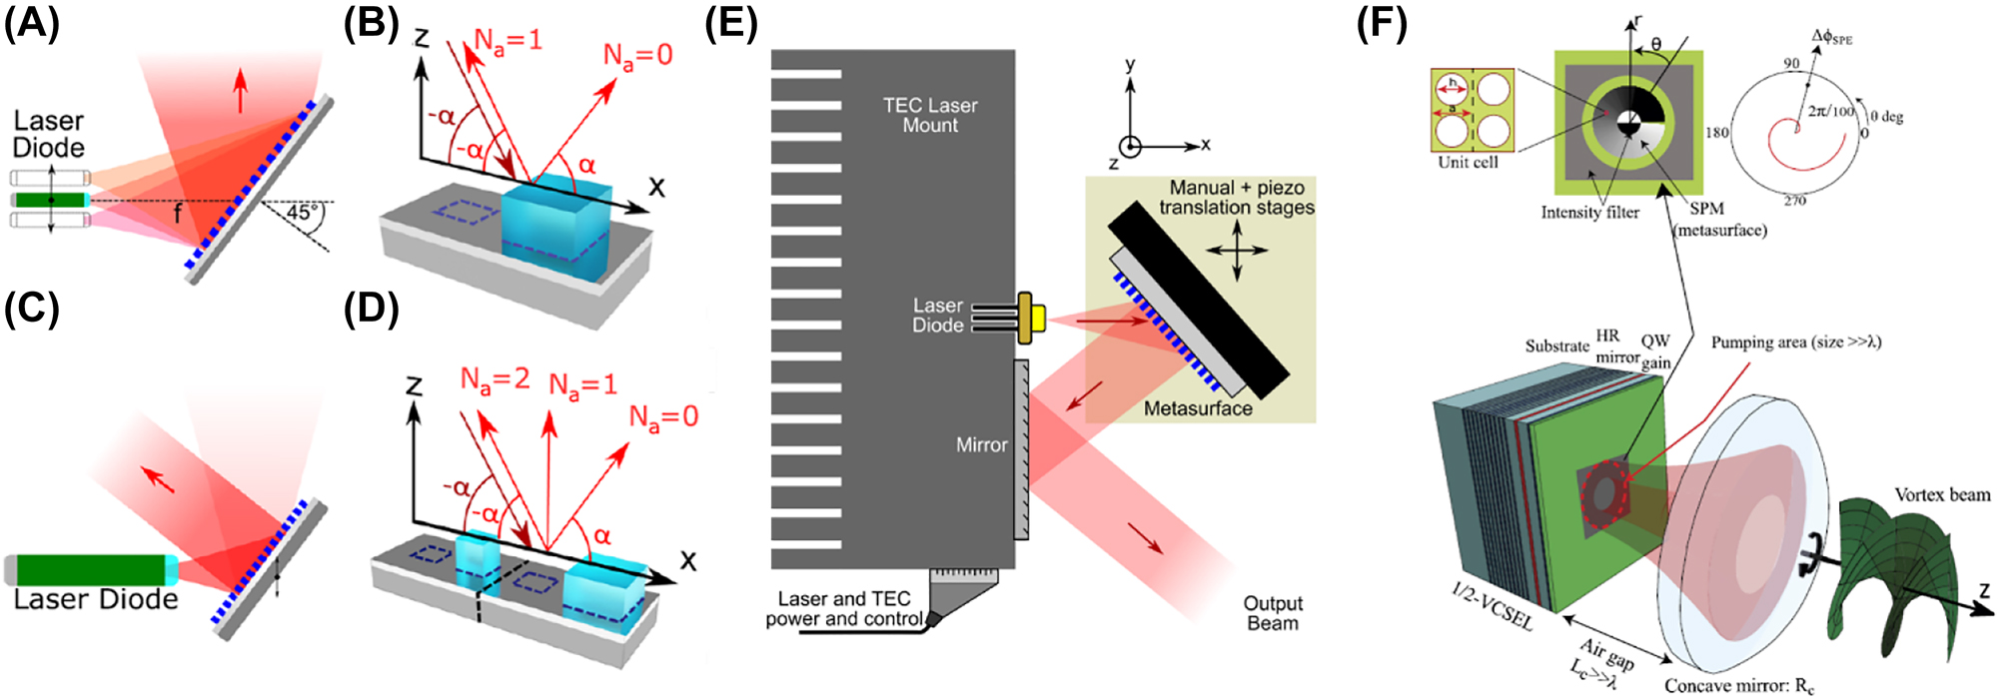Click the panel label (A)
32,22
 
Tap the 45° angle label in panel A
301,213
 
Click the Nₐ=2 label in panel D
494,379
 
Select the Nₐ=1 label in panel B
507,41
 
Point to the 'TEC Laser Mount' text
929,115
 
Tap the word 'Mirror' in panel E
981,445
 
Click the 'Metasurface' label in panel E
1197,408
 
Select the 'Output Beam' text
1272,613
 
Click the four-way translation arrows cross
1237,250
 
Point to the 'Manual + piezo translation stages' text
1237,198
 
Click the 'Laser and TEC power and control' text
843,608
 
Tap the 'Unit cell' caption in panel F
1468,162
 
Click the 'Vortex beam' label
1941,495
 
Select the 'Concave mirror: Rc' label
1738,685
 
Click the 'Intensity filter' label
1589,212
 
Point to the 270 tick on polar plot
1794,201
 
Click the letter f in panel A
178,214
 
